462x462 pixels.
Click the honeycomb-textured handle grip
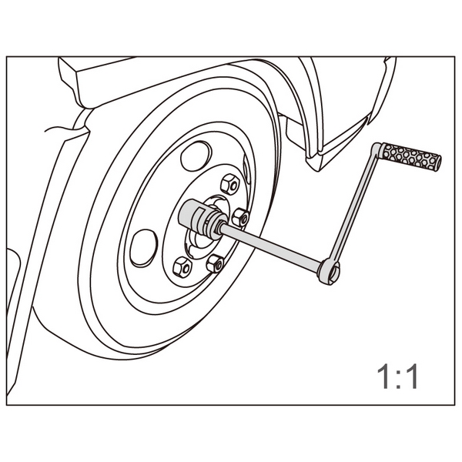pos(412,157)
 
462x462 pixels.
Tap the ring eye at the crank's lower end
pos(329,271)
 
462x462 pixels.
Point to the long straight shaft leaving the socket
pos(269,245)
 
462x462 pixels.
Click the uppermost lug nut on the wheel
pos(230,184)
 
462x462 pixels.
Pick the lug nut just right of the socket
pos(240,217)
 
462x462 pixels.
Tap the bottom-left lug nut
pos(182,267)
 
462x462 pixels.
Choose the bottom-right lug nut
pos(216,263)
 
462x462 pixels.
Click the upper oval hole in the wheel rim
pos(196,156)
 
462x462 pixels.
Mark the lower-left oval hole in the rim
pos(143,248)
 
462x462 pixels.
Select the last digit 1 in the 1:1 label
pos(411,377)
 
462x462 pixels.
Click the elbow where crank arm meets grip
pos(377,150)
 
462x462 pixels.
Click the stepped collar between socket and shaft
pos(216,226)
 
